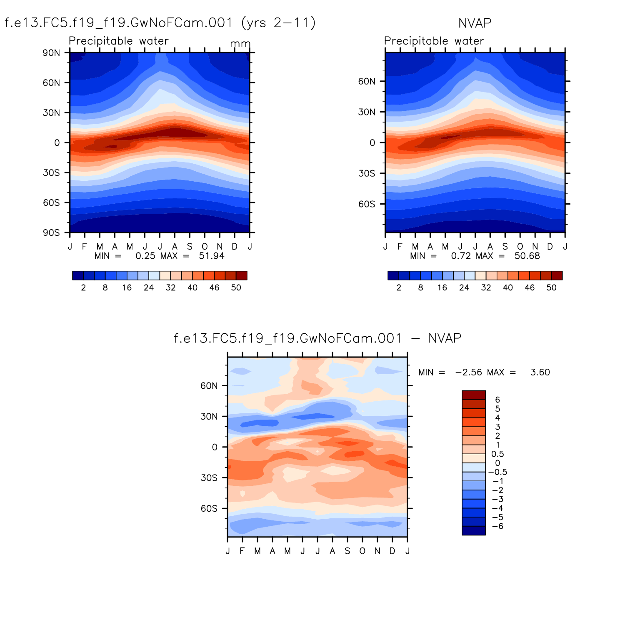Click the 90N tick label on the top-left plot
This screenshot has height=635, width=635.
coord(51,53)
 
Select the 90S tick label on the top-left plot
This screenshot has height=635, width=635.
coord(51,232)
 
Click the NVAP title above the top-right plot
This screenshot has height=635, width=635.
coord(475,23)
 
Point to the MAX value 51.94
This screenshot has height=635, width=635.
coord(212,256)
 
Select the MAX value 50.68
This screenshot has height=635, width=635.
coord(527,256)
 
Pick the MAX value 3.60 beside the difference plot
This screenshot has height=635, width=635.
coord(540,372)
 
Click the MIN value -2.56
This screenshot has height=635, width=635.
coord(469,372)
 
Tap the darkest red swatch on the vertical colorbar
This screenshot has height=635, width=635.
coord(474,395)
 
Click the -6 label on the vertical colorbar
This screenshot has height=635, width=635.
coord(497,526)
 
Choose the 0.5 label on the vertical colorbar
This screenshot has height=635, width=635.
coord(497,454)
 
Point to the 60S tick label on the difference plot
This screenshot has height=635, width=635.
coord(209,509)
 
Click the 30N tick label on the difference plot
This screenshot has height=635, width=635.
coord(209,417)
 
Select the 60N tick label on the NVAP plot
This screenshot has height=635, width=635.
coord(367,81)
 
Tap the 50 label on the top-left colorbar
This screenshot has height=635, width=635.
coord(236,287)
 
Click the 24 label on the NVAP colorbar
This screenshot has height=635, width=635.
coord(464,287)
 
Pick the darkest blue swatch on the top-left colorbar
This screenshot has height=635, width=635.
coord(78,275)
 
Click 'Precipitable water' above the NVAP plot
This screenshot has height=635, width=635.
coord(434,41)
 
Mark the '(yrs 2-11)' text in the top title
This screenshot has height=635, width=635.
coord(278,22)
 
